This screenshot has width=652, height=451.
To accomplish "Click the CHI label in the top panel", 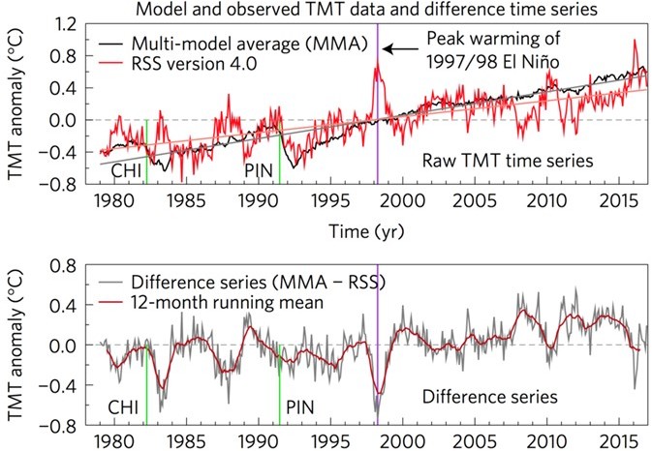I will [127, 170].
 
